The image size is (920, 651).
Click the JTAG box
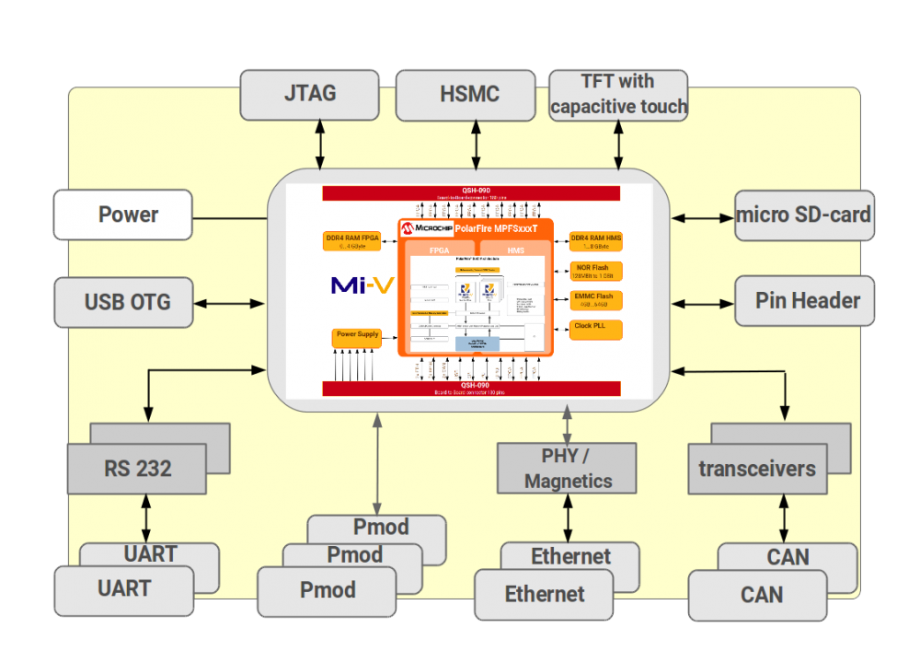pos(309,94)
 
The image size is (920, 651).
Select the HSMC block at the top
pos(466,94)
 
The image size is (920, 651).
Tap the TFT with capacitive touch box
pos(618,94)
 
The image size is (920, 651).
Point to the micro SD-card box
pos(803,215)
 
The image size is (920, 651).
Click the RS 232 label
pos(136,469)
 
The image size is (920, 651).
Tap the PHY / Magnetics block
pos(567,468)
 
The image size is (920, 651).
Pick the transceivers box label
pos(756,469)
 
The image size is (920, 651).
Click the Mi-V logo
pos(362,285)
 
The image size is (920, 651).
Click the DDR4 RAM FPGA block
pos(352,241)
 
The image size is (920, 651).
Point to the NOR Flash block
pos(595,272)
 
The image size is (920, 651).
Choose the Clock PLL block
pos(595,329)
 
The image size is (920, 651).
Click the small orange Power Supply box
pos(356,337)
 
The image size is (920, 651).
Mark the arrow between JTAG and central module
pos(320,145)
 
